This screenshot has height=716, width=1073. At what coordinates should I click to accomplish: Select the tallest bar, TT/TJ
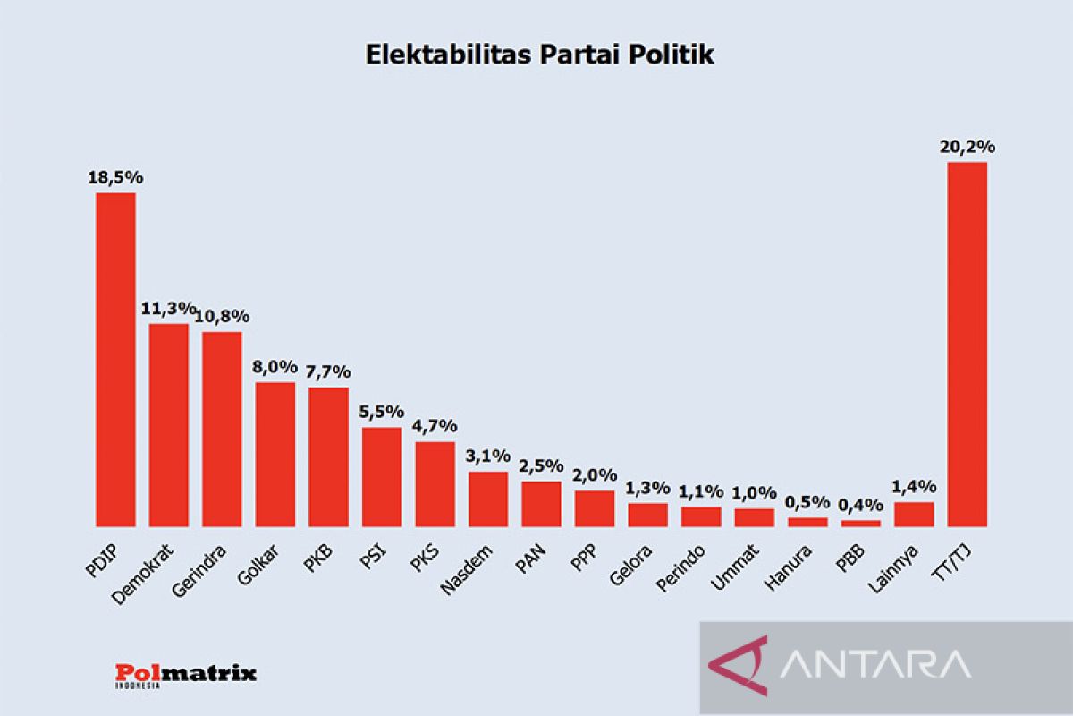(x=967, y=345)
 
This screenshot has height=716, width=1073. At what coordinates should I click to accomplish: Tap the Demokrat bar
(x=169, y=425)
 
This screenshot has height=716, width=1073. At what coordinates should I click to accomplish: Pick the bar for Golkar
(x=275, y=455)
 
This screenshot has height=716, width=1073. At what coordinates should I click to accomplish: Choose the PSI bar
(x=382, y=477)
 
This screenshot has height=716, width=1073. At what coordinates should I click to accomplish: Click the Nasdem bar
(x=488, y=499)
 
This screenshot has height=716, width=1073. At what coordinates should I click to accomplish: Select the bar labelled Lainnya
(x=914, y=514)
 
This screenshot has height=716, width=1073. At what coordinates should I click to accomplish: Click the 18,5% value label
(x=115, y=177)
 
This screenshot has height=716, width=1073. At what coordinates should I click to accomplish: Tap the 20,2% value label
(x=967, y=147)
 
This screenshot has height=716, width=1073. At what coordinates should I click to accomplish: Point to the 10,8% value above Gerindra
(x=223, y=317)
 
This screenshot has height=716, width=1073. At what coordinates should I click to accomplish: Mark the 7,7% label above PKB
(x=329, y=372)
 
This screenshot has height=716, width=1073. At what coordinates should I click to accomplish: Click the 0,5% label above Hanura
(x=807, y=502)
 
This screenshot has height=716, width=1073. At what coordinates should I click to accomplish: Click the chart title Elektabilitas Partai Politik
(x=540, y=55)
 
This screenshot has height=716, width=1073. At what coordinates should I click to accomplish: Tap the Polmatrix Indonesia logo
(x=186, y=674)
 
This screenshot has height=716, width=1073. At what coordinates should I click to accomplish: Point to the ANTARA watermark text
(x=876, y=664)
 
